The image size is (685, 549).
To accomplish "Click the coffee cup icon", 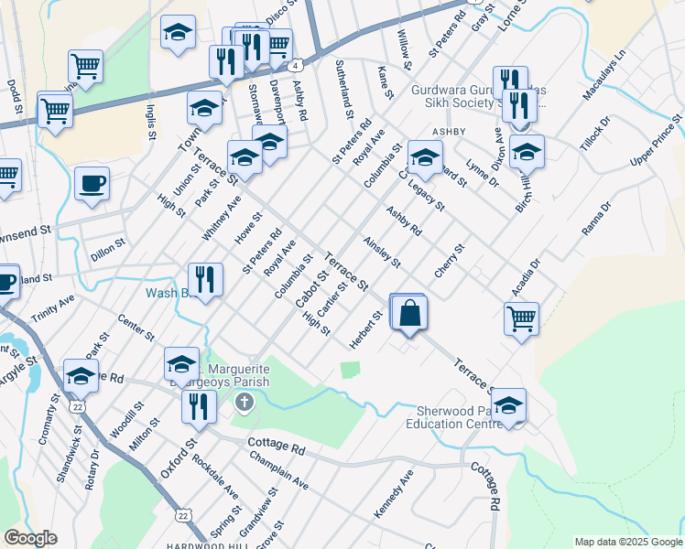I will click(x=92, y=184).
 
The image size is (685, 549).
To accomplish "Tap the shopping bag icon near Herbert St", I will click(x=410, y=312).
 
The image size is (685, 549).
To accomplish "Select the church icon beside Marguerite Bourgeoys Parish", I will click(x=244, y=402).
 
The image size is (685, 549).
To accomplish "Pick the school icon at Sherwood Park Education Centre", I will click(x=509, y=406).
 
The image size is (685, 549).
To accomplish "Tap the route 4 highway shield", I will click(x=294, y=66).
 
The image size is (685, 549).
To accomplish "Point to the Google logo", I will click(x=30, y=538).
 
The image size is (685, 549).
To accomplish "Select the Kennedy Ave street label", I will click(x=393, y=495).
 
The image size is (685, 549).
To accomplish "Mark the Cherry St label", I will click(x=451, y=263).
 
